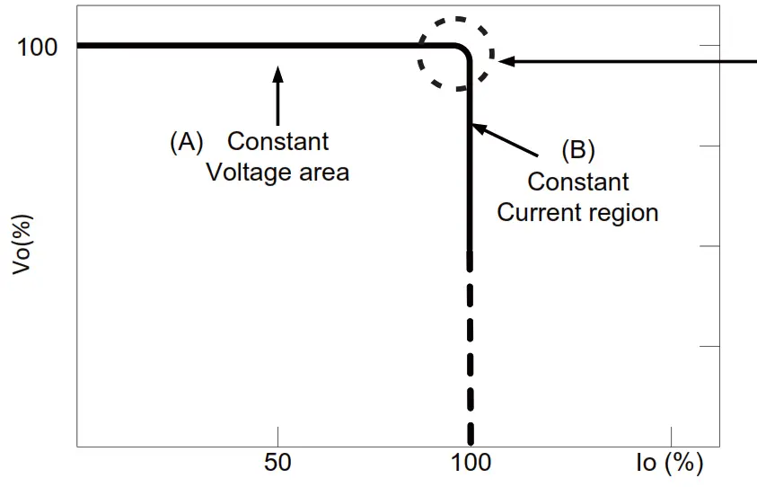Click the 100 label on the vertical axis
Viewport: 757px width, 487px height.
pos(37,46)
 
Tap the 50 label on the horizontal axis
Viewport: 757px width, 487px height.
pos(278,464)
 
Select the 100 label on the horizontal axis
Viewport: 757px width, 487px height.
pos(471,464)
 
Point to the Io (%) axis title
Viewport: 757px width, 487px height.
pos(668,464)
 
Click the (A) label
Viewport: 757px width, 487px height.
pos(187,142)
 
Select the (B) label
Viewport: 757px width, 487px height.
pos(578,150)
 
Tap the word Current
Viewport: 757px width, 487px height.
pos(539,213)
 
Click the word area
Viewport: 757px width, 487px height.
pos(324,172)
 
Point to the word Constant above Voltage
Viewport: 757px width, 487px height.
pos(278,142)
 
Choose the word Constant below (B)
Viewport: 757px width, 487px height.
pos(578,182)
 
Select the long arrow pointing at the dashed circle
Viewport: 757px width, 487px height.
pos(629,62)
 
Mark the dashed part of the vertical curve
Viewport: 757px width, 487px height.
pos(470,359)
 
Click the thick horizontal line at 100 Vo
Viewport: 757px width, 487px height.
pos(224,45)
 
